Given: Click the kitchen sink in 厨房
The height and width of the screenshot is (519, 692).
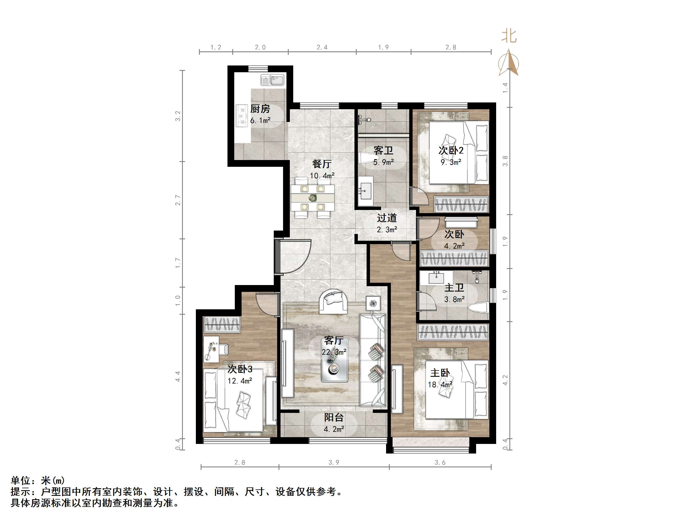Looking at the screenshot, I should click(x=273, y=80).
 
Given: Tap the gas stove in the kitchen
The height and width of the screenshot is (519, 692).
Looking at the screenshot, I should click(x=242, y=116).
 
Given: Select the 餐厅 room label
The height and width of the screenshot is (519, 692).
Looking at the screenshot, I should click(x=322, y=164).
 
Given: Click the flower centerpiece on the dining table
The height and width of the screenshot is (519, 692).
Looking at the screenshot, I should click(x=312, y=198).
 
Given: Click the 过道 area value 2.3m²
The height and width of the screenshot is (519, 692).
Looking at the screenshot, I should click(x=387, y=230).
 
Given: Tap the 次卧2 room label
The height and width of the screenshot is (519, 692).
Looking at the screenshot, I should click(x=451, y=150).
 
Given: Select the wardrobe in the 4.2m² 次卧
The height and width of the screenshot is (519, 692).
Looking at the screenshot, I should click(x=454, y=259).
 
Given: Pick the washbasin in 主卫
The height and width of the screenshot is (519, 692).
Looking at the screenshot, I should click(x=436, y=277).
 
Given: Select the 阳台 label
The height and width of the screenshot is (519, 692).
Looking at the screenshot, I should click(x=334, y=417).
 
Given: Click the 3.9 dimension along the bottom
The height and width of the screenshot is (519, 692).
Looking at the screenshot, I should click(x=334, y=462).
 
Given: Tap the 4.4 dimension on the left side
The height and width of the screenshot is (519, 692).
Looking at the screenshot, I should click(x=178, y=376).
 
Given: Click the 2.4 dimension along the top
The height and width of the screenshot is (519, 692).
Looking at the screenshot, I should click(x=322, y=47).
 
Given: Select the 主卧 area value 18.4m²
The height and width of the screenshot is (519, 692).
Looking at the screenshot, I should click(x=440, y=384).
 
